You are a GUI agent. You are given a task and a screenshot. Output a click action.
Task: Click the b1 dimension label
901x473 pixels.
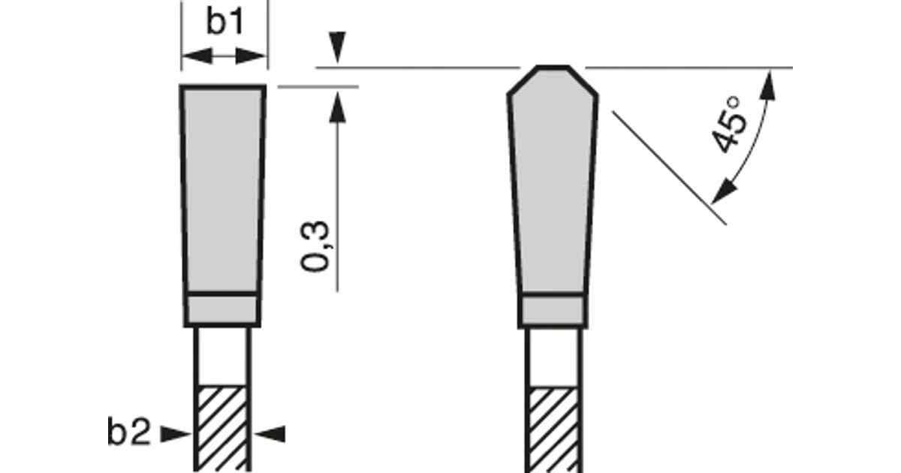coord(224,22)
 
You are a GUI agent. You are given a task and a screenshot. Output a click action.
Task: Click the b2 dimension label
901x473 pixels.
coord(129,432)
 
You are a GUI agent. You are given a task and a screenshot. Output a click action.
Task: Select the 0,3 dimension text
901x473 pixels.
coord(315,246)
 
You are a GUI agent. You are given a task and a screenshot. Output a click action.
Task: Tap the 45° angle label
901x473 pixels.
coord(729,125)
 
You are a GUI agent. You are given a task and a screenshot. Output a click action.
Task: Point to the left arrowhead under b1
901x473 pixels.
coord(197,56)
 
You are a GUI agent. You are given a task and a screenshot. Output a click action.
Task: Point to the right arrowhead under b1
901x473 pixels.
coord(251,56)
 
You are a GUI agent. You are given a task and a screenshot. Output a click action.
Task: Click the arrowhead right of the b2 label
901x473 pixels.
coord(176,435)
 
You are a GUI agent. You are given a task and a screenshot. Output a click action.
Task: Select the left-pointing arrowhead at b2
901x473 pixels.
coord(270,435)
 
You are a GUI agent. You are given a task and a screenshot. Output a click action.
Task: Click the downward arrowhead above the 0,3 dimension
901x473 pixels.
coord(337,47)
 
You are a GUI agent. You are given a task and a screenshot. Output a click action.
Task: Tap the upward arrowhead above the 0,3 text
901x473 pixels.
coord(337,107)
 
